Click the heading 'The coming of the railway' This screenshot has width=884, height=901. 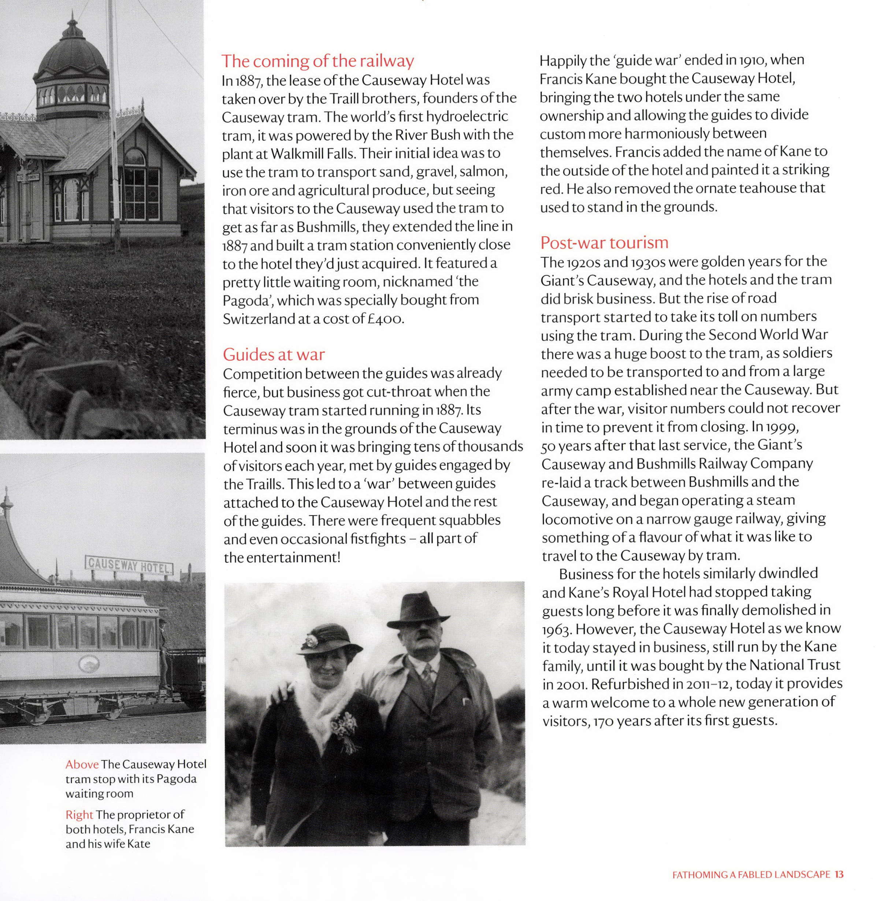point(317,61)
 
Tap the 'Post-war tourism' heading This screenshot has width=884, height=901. point(604,242)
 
